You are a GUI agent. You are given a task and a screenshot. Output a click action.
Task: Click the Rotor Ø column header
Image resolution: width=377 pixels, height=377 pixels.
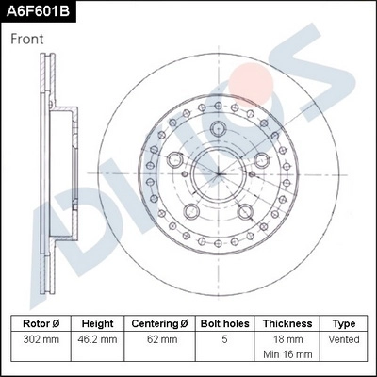(41, 323)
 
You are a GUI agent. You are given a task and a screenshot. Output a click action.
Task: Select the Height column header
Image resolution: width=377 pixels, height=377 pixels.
(97, 323)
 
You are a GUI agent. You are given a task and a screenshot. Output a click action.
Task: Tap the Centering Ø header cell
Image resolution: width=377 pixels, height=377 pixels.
(159, 323)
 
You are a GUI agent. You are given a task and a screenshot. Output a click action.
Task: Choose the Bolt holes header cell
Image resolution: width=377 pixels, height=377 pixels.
(224, 323)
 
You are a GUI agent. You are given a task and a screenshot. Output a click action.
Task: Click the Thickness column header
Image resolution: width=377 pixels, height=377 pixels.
(287, 323)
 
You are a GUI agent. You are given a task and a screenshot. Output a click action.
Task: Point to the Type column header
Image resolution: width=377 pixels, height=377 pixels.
(344, 323)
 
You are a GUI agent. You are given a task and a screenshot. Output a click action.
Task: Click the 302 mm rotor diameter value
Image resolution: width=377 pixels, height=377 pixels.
(41, 339)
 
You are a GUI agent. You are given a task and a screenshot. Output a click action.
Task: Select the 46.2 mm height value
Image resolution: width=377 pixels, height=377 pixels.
(97, 339)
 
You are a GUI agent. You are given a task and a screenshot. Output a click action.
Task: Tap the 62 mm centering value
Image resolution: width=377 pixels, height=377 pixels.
(159, 339)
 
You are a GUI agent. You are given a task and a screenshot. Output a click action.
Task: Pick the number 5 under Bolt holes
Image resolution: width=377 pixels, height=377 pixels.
(224, 339)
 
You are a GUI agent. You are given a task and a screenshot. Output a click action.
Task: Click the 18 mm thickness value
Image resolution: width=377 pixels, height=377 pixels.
(287, 339)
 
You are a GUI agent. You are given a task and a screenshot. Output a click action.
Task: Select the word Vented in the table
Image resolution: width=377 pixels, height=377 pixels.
(344, 339)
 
